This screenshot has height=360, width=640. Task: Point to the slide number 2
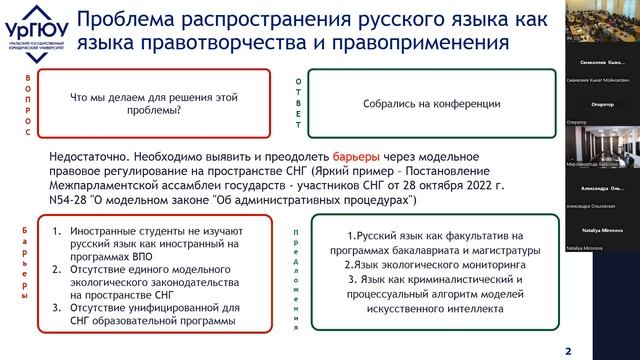(569, 350)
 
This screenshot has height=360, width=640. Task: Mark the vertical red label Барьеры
(25, 272)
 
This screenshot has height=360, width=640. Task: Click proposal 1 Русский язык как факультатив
(430, 243)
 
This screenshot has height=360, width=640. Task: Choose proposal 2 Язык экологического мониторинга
(430, 265)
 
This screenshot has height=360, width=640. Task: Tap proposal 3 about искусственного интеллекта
(430, 295)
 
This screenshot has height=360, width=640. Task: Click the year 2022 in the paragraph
(450, 186)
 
